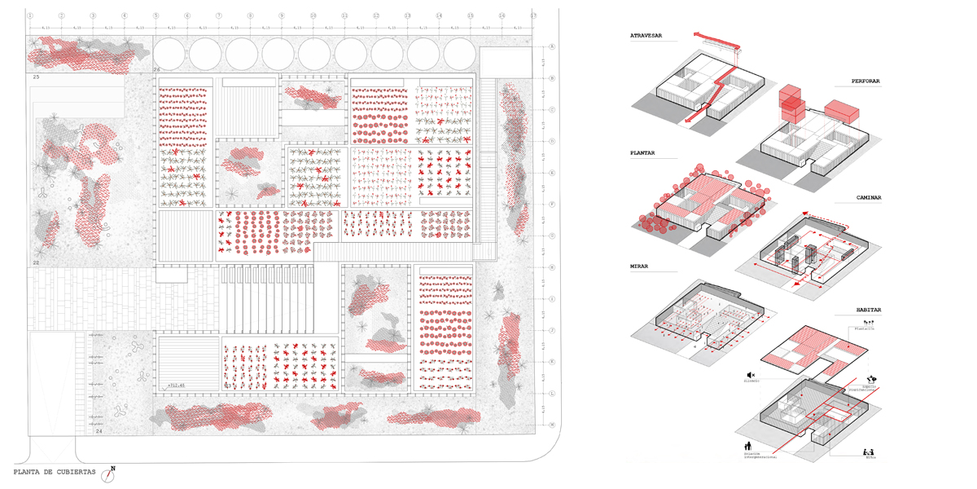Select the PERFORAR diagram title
865,81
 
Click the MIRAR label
639,267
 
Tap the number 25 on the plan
36,77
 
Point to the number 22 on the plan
36,263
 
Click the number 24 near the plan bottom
99,431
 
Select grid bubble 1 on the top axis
30,15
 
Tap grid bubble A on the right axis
552,47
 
